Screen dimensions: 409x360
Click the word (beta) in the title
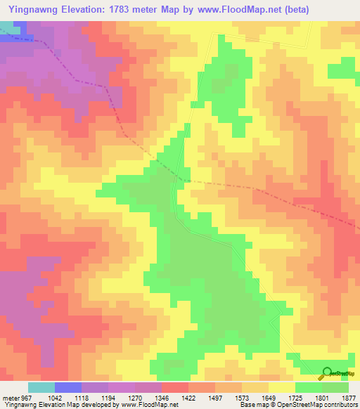[294, 8]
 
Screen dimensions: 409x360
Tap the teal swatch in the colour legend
[41, 387]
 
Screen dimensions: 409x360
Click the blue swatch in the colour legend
[67, 387]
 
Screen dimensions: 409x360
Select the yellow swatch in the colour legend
[281, 387]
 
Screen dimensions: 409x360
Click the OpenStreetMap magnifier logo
[326, 372]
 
